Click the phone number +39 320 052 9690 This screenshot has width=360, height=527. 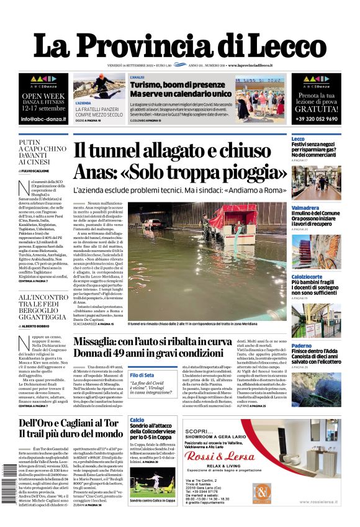pos(317,119)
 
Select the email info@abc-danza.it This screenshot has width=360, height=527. pos(43,119)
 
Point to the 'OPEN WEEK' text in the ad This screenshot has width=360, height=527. pos(43,96)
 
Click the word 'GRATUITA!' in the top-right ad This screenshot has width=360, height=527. pos(317,108)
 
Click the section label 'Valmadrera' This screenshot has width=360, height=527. pos(306,208)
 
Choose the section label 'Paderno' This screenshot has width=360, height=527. pos(302,346)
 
